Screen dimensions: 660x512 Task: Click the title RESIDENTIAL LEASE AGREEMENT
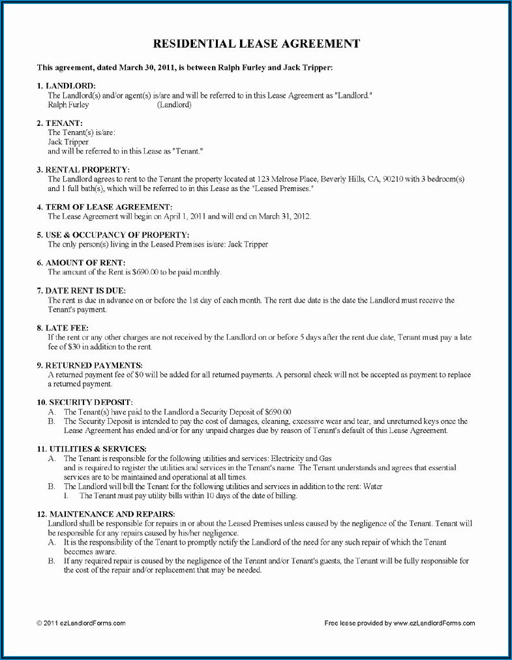coord(256,44)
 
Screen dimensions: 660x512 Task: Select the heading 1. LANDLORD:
coord(66,86)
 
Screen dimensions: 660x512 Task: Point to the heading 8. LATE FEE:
coord(63,327)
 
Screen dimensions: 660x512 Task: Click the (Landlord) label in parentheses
coord(174,104)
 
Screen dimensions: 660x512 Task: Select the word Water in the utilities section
coord(373,487)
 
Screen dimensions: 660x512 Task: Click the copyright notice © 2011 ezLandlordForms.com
coord(81,623)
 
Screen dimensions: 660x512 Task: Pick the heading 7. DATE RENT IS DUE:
coord(82,290)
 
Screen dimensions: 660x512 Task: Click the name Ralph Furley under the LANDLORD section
coord(68,104)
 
